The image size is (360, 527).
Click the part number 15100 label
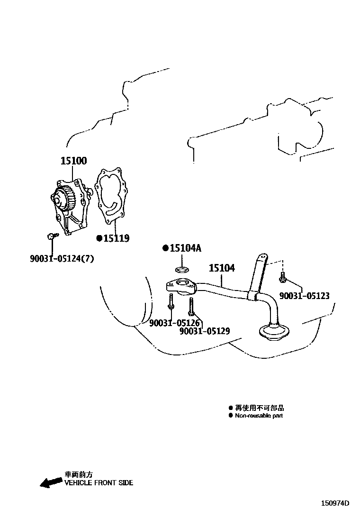click(x=73, y=161)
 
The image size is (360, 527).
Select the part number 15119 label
click(x=117, y=238)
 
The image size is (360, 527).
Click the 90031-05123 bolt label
click(x=304, y=296)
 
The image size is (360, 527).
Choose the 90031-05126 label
click(x=174, y=323)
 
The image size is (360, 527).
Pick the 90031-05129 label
click(x=205, y=331)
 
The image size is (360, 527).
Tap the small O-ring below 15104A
click(x=180, y=270)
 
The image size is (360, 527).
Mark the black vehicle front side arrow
click(x=49, y=482)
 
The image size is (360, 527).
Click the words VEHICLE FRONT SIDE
click(x=99, y=483)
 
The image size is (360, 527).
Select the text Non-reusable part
click(x=259, y=416)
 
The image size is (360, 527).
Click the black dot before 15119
click(x=99, y=238)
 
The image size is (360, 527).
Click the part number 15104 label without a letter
click(x=222, y=268)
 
